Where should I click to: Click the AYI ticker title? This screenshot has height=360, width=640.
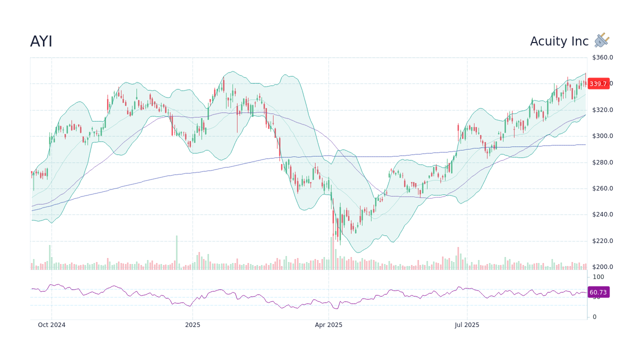click(41, 42)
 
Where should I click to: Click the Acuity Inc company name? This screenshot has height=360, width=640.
click(559, 41)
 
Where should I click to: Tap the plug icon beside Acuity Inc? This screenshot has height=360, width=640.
click(601, 40)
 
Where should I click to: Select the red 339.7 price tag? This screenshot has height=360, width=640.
click(598, 84)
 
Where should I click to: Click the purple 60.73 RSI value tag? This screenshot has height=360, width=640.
click(598, 292)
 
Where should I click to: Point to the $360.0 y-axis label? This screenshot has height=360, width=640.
click(602, 57)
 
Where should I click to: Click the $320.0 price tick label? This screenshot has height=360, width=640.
click(602, 110)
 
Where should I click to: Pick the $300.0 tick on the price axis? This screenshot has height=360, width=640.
click(602, 136)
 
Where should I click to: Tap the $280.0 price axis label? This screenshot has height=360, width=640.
click(602, 162)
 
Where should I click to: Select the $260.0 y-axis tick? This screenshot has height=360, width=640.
click(602, 188)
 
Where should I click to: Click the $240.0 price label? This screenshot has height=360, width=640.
click(602, 214)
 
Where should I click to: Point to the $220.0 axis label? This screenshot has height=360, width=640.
click(602, 241)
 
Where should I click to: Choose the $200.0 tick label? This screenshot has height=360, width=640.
click(602, 267)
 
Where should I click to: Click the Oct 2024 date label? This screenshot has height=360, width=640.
click(51, 325)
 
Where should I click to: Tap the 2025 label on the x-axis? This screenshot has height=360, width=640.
click(192, 325)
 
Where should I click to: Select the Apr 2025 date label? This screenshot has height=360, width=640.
click(328, 325)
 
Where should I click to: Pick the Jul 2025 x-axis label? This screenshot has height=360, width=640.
click(467, 325)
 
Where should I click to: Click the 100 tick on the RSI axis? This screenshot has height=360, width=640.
click(598, 277)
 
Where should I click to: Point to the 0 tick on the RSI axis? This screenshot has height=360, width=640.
click(594, 317)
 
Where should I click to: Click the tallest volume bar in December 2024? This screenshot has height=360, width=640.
click(176, 253)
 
